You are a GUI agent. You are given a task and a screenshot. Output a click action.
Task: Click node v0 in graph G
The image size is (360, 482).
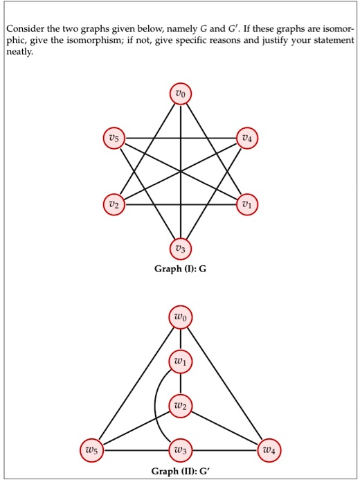click(x=181, y=93)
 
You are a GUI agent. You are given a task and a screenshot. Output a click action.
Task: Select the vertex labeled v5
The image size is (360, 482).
click(x=114, y=138)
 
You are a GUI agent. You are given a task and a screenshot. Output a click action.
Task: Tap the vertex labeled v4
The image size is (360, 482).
click(x=246, y=138)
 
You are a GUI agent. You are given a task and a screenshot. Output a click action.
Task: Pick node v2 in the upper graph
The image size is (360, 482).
click(x=114, y=204)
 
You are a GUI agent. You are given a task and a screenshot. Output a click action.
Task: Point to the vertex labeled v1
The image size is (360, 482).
click(x=246, y=204)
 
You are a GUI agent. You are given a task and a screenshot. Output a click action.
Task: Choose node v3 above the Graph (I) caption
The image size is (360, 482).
click(x=181, y=249)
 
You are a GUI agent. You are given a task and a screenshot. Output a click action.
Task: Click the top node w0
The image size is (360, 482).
click(x=181, y=318)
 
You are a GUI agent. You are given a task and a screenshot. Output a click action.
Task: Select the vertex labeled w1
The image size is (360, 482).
click(x=181, y=361)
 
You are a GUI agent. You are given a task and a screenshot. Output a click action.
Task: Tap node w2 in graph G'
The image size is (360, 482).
click(x=181, y=406)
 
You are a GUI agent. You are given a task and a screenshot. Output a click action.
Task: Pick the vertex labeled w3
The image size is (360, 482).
click(x=181, y=451)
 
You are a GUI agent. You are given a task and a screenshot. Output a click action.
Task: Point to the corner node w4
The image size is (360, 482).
click(x=269, y=451)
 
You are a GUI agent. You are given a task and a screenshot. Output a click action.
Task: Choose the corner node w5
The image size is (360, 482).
click(x=92, y=451)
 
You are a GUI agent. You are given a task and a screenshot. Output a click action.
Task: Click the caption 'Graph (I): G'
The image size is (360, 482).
click(x=181, y=269)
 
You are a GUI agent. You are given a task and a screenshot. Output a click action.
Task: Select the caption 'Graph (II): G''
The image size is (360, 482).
click(x=180, y=471)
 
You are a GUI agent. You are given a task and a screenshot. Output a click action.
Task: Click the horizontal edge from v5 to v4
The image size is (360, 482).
click(x=181, y=138)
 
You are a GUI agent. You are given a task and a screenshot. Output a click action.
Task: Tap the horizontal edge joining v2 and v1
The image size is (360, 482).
click(x=181, y=204)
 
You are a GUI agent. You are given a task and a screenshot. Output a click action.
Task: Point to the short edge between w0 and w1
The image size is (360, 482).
click(x=181, y=339)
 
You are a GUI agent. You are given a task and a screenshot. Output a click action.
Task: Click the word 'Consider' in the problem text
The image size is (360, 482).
click(x=25, y=29)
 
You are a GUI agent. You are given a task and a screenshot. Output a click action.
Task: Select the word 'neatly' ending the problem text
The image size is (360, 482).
click(x=19, y=52)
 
